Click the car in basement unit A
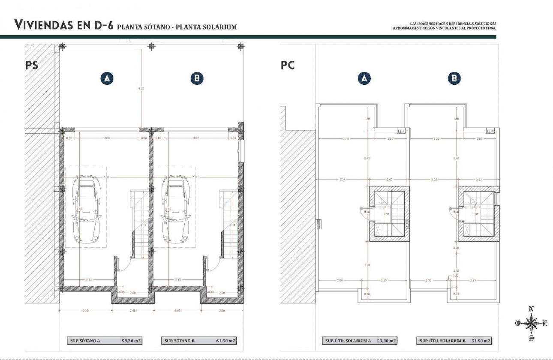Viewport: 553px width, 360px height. [x=88, y=209]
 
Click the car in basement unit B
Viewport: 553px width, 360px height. [x=177, y=209]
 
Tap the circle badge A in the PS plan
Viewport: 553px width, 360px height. [x=107, y=78]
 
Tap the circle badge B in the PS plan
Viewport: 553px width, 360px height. [x=197, y=78]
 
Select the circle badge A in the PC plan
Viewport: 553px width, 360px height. [x=364, y=78]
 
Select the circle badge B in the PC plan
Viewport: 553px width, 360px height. [x=454, y=78]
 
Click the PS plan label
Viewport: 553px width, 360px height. [x=32, y=66]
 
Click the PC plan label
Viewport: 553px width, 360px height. [x=288, y=66]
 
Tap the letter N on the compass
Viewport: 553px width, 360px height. [x=531, y=309]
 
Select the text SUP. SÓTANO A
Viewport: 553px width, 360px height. [x=85, y=341]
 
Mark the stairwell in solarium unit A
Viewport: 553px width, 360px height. [x=389, y=213]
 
